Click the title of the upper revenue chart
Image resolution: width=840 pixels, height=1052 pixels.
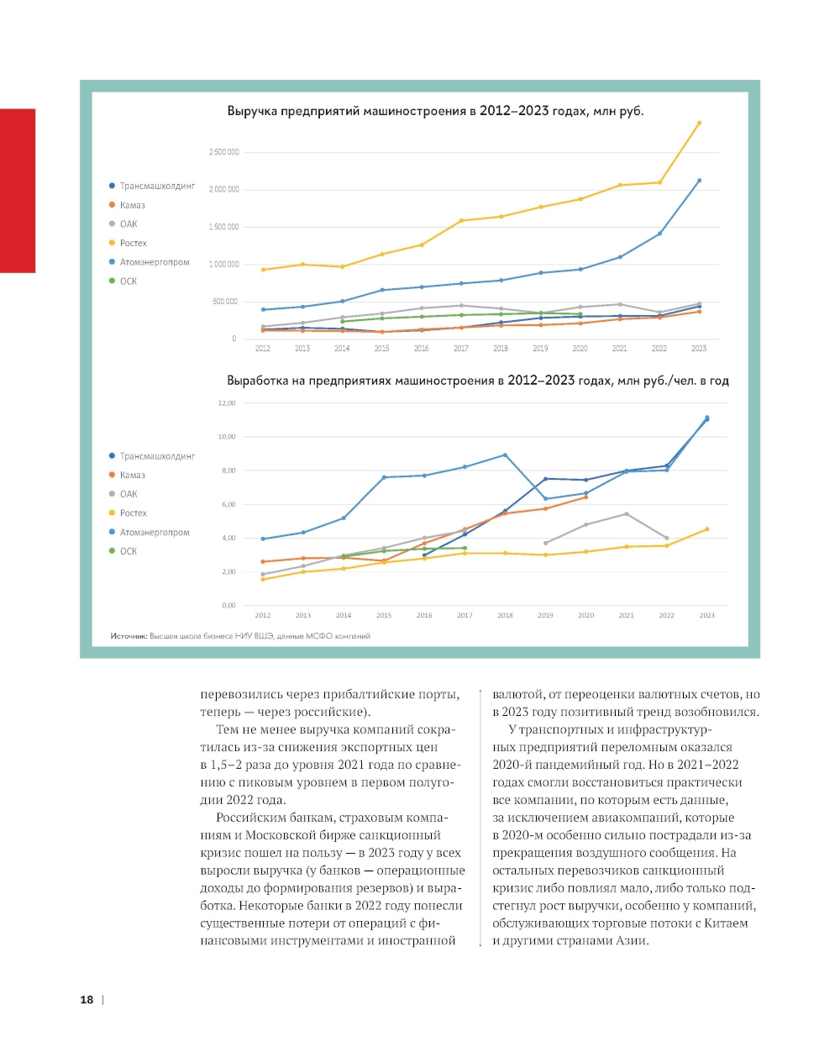click(x=435, y=111)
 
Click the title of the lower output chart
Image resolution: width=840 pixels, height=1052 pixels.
click(x=477, y=381)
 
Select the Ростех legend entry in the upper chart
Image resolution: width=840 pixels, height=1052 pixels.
click(x=133, y=243)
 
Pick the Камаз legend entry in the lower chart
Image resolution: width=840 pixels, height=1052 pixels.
click(x=132, y=475)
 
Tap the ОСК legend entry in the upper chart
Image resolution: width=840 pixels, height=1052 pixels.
click(x=128, y=281)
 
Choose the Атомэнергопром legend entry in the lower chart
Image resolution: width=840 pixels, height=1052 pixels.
click(x=155, y=532)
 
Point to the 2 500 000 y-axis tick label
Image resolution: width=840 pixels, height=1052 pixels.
click(x=223, y=152)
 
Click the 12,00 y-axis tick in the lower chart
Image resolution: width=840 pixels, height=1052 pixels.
click(x=227, y=403)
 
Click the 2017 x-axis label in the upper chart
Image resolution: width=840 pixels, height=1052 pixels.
click(x=461, y=348)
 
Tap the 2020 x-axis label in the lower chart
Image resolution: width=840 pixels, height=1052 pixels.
click(x=585, y=615)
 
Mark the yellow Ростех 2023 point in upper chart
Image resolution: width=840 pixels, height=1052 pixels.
click(x=699, y=124)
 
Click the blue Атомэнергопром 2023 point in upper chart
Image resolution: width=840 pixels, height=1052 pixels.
click(x=699, y=181)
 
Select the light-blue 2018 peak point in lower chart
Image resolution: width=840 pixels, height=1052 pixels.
click(x=505, y=455)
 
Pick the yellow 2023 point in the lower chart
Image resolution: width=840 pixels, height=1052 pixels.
click(x=706, y=529)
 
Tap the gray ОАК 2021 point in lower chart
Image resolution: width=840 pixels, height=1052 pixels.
click(x=626, y=514)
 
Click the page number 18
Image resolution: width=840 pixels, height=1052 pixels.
click(x=87, y=999)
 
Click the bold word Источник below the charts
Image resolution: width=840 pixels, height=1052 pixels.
click(x=129, y=636)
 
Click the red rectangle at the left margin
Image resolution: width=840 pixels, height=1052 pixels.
click(x=18, y=191)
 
